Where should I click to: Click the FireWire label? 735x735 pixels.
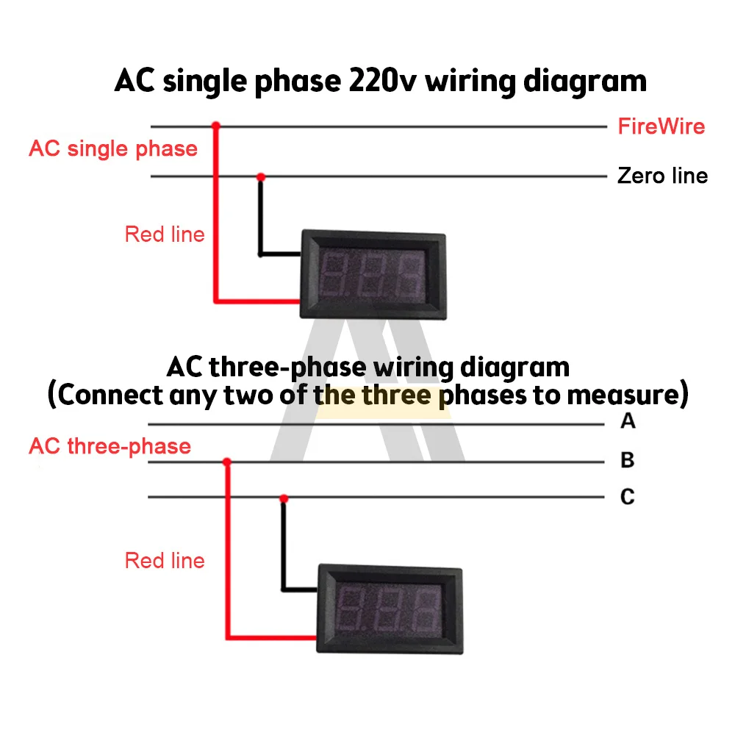[661, 126]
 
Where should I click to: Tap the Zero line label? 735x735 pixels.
[662, 176]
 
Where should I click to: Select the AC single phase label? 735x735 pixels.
[113, 149]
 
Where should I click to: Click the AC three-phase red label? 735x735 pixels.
[110, 446]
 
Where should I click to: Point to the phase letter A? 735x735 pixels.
[627, 422]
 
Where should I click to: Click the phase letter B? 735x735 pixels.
[627, 461]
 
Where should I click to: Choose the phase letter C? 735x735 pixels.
[627, 498]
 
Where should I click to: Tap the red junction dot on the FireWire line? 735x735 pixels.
[215, 126]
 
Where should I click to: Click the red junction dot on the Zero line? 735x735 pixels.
[259, 176]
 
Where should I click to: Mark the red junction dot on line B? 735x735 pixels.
[227, 462]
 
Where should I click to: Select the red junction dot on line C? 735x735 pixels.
[284, 498]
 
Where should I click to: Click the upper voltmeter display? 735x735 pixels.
[373, 275]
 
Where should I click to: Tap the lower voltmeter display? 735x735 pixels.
[389, 610]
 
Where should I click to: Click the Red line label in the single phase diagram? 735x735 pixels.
[165, 234]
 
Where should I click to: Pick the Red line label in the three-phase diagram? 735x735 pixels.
[165, 561]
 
